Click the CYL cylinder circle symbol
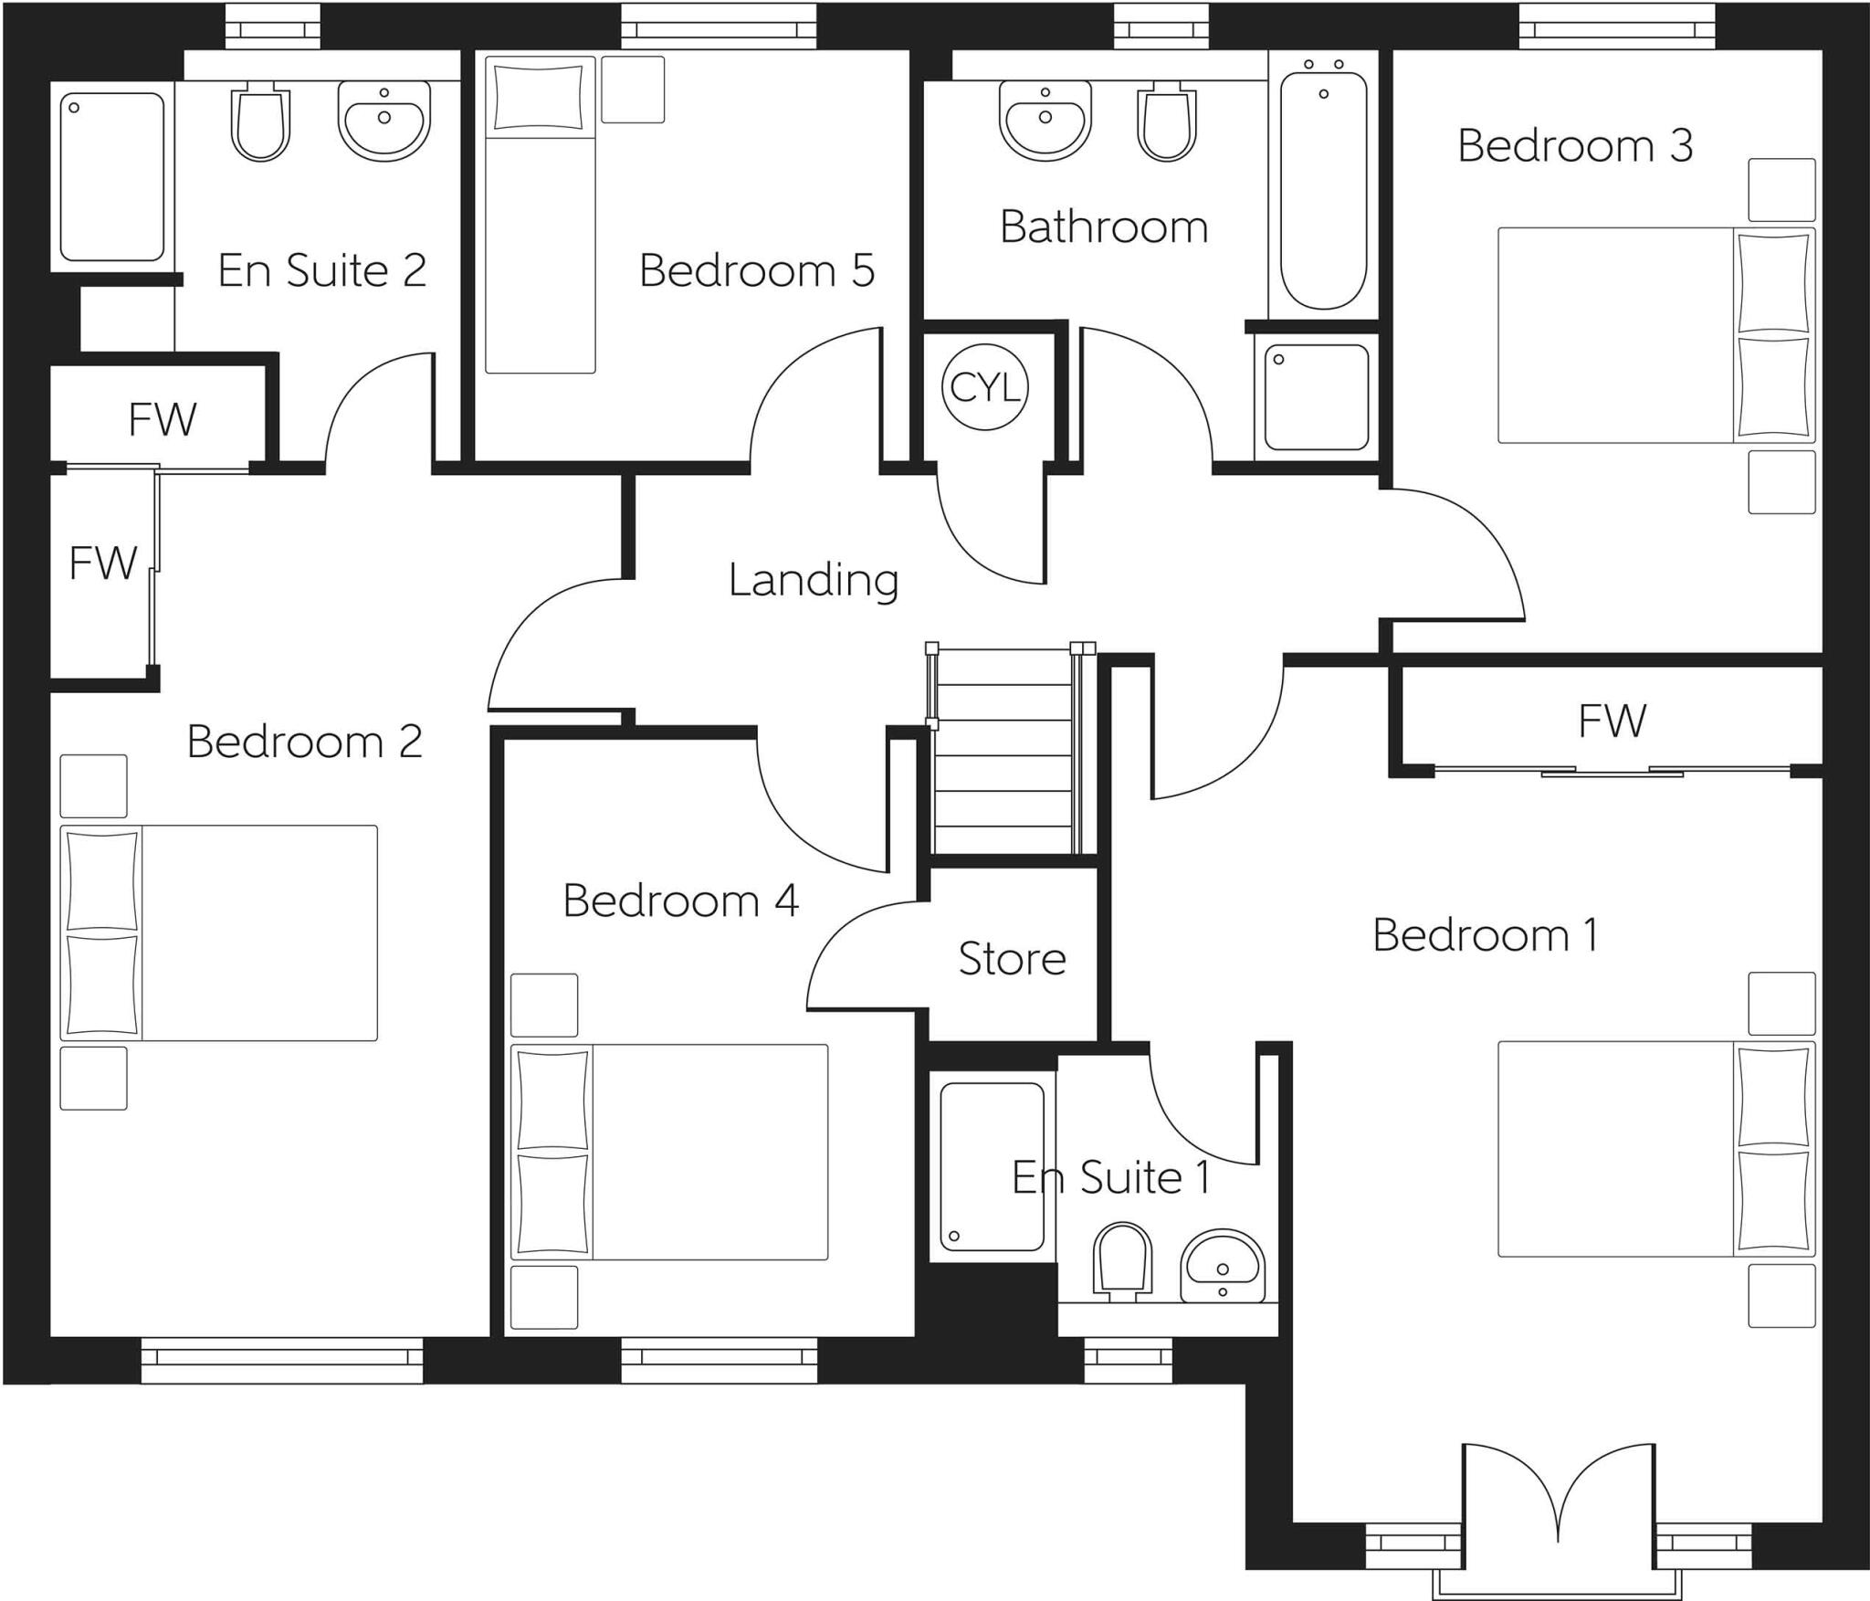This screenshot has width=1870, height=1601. [x=984, y=387]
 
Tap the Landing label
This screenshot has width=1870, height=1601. [x=813, y=580]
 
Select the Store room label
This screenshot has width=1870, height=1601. [x=1012, y=958]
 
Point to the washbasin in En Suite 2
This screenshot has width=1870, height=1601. [x=383, y=119]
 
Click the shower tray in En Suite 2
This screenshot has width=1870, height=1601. [x=111, y=176]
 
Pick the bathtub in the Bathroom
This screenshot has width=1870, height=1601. [x=1322, y=187]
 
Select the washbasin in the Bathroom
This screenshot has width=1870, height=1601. [x=1045, y=119]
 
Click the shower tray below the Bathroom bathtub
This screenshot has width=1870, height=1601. [x=1316, y=396]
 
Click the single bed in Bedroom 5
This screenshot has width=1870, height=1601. [x=540, y=215]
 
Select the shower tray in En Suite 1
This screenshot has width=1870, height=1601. [x=992, y=1166]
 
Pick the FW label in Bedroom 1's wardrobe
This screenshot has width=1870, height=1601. [x=1612, y=721]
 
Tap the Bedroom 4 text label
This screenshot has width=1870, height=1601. [x=680, y=901]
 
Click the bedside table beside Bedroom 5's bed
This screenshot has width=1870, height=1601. [x=632, y=90]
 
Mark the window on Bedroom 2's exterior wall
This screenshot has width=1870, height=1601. [x=282, y=1361]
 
